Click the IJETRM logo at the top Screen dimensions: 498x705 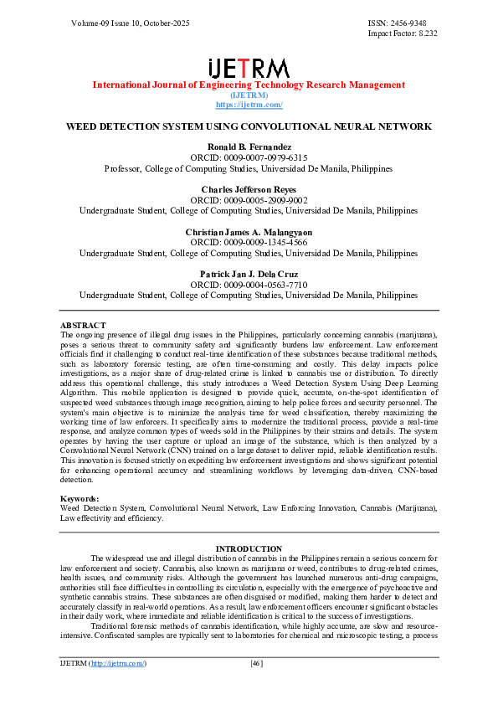pos(249,68)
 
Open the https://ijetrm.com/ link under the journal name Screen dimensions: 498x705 pos(249,105)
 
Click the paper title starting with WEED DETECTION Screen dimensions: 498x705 pos(249,126)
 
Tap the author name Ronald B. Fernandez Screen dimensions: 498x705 pos(249,147)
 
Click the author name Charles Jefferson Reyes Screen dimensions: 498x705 pos(249,190)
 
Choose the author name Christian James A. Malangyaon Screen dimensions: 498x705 pos(249,231)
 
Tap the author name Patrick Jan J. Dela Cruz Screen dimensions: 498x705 pos(249,274)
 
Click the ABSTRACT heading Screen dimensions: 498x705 pos(83,325)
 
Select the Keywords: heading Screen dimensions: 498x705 pos(80,499)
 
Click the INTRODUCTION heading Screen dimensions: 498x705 pos(249,548)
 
